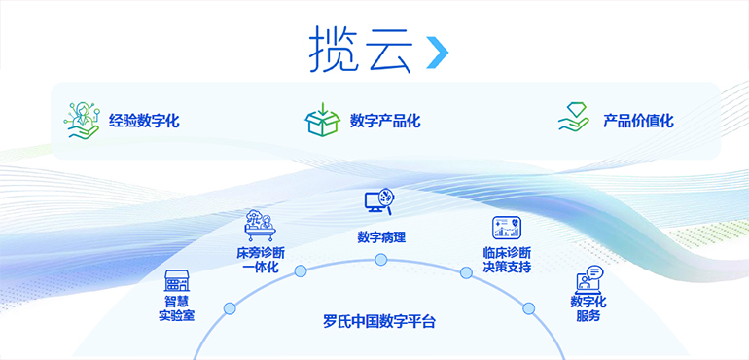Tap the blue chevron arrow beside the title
[x=438, y=54]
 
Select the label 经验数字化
[x=144, y=122]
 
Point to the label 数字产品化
[x=385, y=122]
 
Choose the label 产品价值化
[x=638, y=122]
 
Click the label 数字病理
[x=381, y=236]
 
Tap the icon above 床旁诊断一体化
[x=260, y=226]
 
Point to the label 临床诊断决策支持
[x=507, y=260]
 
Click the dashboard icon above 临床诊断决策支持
[x=507, y=229]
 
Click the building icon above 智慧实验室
[x=176, y=282]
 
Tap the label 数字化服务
[x=588, y=308]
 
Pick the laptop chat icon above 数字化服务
[x=589, y=279]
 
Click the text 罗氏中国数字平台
[x=380, y=320]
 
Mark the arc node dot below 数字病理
[x=381, y=260]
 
